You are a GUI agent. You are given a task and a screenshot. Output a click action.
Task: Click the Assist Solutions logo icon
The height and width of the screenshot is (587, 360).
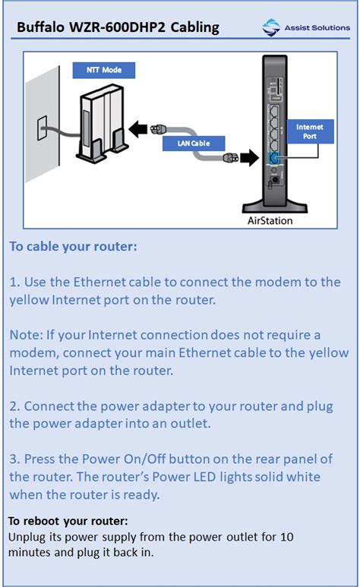tap(271, 28)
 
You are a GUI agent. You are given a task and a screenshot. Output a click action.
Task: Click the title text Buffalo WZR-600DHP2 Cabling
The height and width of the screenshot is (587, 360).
tap(118, 28)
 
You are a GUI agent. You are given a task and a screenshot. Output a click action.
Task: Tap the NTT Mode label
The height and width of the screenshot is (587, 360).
tap(103, 71)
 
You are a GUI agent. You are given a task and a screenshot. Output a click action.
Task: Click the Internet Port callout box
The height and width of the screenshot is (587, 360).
tap(309, 132)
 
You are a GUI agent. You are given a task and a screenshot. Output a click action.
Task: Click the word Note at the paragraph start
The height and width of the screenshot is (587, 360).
tap(24, 335)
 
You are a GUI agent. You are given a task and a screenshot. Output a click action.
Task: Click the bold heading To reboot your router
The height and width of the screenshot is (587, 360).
tap(68, 521)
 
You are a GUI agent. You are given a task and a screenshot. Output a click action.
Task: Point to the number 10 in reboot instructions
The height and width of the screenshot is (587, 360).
tap(286, 536)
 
